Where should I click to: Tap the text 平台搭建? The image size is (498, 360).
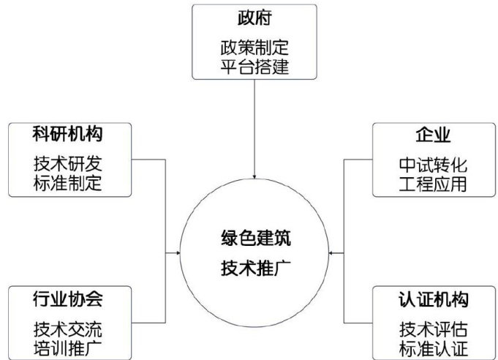point(254,68)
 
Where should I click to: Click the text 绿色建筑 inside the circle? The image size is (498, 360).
point(254,238)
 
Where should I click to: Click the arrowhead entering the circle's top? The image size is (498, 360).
point(254,176)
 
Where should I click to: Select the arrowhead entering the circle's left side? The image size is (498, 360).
point(178,252)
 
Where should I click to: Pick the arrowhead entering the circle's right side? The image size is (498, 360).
point(332,252)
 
